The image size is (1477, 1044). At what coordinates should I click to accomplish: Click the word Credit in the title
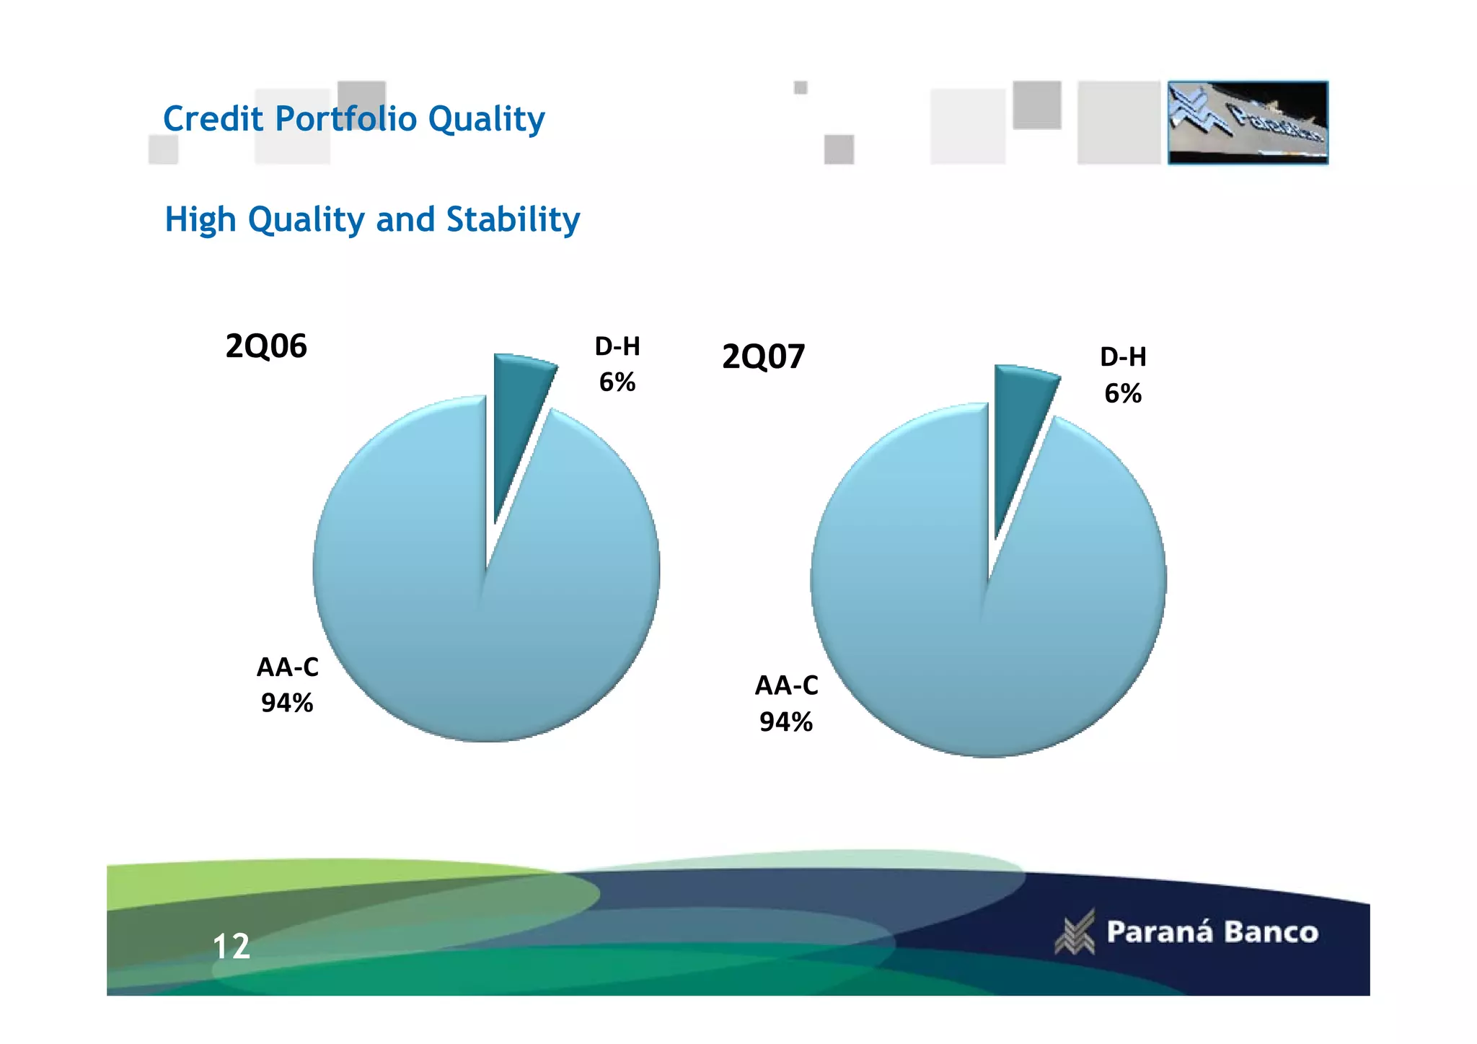coord(213,119)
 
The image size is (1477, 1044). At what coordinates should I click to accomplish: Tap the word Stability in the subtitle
coord(513,219)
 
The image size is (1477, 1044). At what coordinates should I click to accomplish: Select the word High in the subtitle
coord(200,219)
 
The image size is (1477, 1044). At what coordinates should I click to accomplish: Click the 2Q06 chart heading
coord(266,346)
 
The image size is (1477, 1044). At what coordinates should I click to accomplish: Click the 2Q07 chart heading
coord(763,357)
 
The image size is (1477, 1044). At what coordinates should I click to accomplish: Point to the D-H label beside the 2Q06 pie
coord(617,347)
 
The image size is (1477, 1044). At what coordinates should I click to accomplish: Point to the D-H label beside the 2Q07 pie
coord(1123,357)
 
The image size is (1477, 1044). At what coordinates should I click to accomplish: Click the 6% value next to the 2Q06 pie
coord(617,382)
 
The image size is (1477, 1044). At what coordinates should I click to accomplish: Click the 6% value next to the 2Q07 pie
coord(1123,394)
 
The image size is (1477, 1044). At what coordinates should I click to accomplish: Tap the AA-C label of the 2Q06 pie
coord(287,667)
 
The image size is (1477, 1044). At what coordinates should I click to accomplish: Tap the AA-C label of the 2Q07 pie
coord(786,685)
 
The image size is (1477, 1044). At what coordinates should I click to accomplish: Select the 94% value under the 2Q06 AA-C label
coord(287,703)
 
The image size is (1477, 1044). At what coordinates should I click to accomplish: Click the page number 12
coord(232,947)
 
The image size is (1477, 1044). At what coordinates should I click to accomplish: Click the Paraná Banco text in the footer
coord(1212,932)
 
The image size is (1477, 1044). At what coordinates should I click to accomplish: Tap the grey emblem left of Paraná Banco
coord(1075,932)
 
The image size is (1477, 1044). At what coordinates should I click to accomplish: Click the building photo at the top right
coord(1248,123)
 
